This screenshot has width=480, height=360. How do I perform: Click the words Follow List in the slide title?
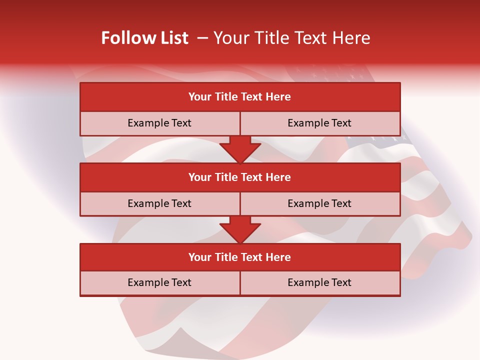(x=144, y=38)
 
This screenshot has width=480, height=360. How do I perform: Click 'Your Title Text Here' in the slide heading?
(x=291, y=38)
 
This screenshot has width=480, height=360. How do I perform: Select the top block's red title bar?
(x=240, y=97)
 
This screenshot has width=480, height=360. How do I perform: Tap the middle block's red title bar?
(x=240, y=177)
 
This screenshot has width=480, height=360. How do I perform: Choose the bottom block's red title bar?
(x=240, y=257)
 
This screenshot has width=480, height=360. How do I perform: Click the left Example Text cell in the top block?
(x=159, y=123)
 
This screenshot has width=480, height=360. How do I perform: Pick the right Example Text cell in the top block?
(x=319, y=123)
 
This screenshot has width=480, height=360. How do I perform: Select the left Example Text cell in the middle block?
(x=159, y=203)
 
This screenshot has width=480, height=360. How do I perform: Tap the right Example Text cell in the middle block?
(x=319, y=203)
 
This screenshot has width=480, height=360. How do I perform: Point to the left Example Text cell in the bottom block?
(x=159, y=282)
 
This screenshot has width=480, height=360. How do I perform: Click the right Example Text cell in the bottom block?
(x=319, y=282)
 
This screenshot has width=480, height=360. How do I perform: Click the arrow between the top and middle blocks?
(x=240, y=149)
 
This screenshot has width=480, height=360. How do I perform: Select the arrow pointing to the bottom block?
(x=240, y=229)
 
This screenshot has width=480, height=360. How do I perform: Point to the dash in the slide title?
(x=202, y=38)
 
